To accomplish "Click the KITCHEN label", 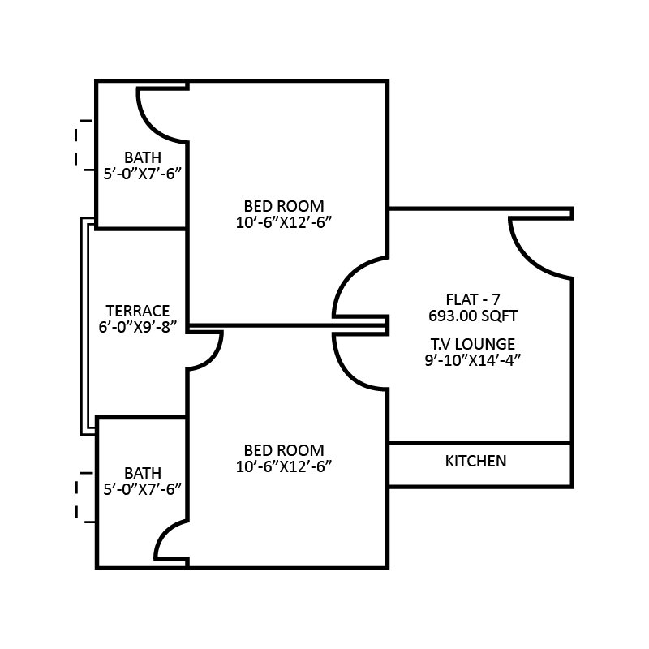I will point(476,462).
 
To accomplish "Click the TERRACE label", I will point(138,311).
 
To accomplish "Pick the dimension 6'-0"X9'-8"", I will point(138,327).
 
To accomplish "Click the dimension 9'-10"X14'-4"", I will point(472,361).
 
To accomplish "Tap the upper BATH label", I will point(143,157).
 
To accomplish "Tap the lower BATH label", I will point(143,473).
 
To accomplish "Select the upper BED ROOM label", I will point(284,205).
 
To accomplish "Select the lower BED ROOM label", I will point(284,450).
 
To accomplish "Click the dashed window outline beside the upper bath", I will point(80,145).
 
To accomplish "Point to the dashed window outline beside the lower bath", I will point(80,496).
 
